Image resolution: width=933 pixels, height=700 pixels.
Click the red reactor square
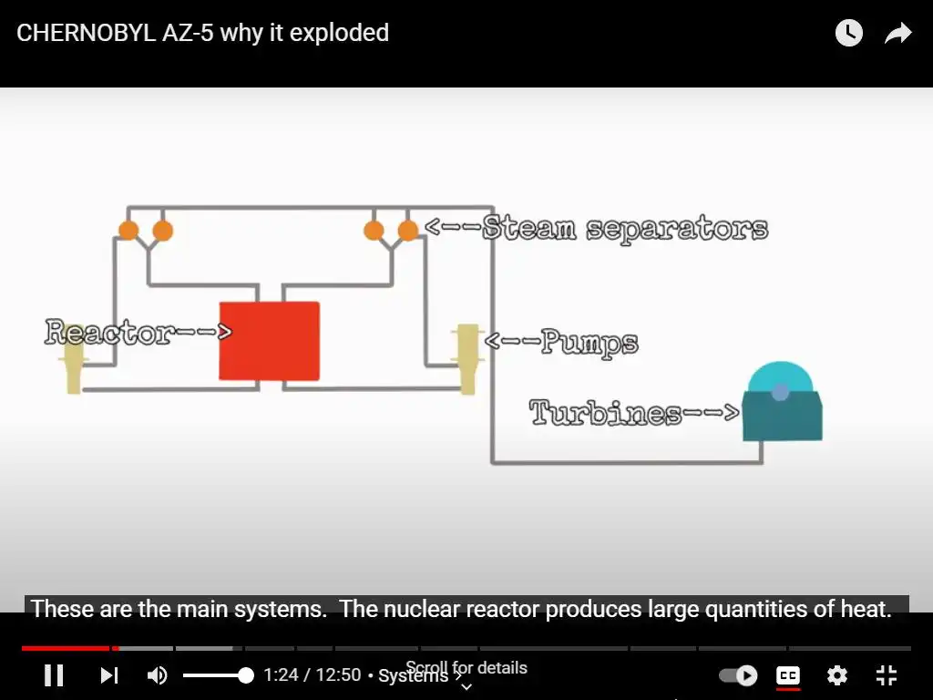pyautogui.click(x=269, y=341)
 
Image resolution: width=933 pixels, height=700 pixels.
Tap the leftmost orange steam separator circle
pyautogui.click(x=128, y=230)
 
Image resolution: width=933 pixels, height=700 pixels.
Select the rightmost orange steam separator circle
pyautogui.click(x=408, y=230)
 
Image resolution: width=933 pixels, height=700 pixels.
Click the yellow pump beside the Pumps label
pyautogui.click(x=467, y=358)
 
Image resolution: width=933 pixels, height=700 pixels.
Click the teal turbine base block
pyautogui.click(x=782, y=417)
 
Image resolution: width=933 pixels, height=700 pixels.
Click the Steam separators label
pyautogui.click(x=625, y=228)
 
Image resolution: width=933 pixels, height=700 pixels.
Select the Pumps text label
pyautogui.click(x=589, y=343)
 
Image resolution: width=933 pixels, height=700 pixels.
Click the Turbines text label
pyautogui.click(x=605, y=413)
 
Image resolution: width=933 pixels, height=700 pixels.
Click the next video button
pyautogui.click(x=109, y=675)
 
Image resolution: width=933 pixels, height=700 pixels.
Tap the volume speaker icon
pyautogui.click(x=158, y=675)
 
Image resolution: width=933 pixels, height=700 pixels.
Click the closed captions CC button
pyautogui.click(x=788, y=675)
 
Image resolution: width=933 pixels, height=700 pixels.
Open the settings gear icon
pyautogui.click(x=837, y=675)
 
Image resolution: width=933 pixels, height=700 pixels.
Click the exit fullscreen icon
pyautogui.click(x=887, y=675)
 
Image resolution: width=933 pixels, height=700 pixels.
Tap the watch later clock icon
pyautogui.click(x=849, y=34)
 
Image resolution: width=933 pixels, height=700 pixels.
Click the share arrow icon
pyautogui.click(x=898, y=34)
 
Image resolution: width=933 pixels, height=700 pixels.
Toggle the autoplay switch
pyautogui.click(x=738, y=675)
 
